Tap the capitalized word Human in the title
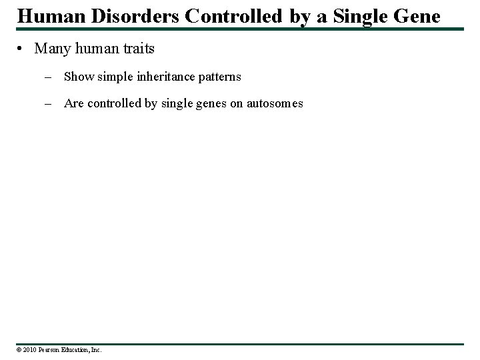pos(43,15)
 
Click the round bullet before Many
pos(22,49)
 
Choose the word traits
pos(137,49)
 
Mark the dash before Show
pos(50,77)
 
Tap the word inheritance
pos(159,77)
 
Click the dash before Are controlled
pos(50,103)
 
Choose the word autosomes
pos(275,103)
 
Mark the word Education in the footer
pos(76,349)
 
